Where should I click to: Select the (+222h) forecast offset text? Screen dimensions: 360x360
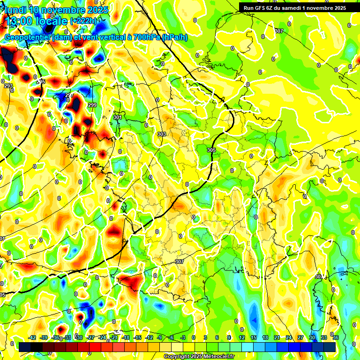(83, 21)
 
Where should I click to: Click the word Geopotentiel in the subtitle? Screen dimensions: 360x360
(28, 37)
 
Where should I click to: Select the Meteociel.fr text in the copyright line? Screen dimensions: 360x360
(217, 357)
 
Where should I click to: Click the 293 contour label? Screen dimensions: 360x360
(8, 86)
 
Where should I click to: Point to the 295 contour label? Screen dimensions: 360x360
(41, 82)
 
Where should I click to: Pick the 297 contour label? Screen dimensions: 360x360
(69, 95)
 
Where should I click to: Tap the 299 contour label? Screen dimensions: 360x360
(92, 105)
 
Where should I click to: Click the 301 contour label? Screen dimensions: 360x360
(117, 117)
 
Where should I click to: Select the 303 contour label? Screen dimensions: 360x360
(162, 134)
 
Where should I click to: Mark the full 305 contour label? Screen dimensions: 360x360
(211, 150)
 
